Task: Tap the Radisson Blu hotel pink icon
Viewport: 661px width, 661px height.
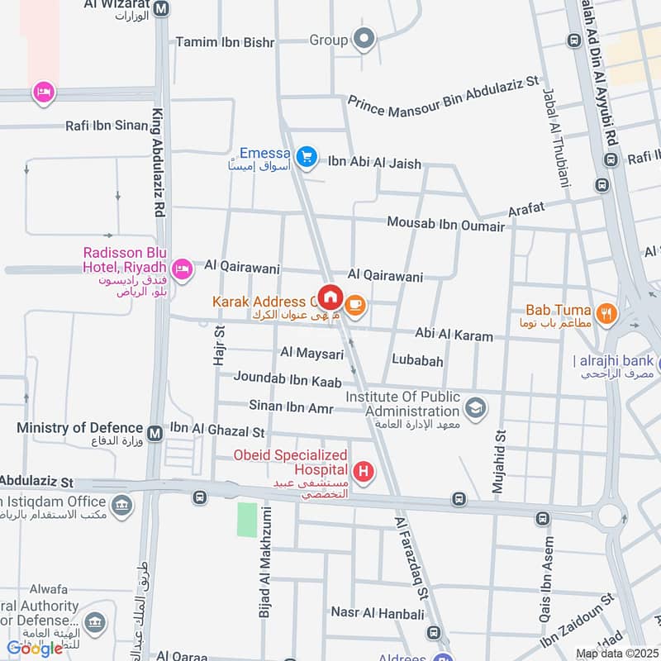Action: pos(182,268)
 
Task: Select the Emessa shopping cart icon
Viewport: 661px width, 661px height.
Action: pos(307,156)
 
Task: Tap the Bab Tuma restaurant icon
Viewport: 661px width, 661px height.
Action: pos(607,313)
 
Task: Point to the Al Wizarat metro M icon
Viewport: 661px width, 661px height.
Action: pos(161,9)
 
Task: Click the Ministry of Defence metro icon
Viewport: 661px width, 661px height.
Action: pos(155,432)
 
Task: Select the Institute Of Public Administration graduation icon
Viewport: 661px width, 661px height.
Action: pos(475,407)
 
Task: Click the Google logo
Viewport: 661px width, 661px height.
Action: pos(35,648)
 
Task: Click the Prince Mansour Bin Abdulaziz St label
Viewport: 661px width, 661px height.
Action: pos(443,93)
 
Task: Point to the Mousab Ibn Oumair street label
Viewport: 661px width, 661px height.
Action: pos(445,225)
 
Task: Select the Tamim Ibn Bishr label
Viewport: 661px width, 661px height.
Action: pos(224,41)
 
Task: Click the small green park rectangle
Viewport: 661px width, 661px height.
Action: pos(247,520)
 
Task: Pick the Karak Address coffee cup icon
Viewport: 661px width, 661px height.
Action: pos(356,305)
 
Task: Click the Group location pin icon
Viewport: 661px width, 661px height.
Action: pos(364,38)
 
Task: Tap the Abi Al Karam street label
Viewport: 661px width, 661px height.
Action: pos(454,336)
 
